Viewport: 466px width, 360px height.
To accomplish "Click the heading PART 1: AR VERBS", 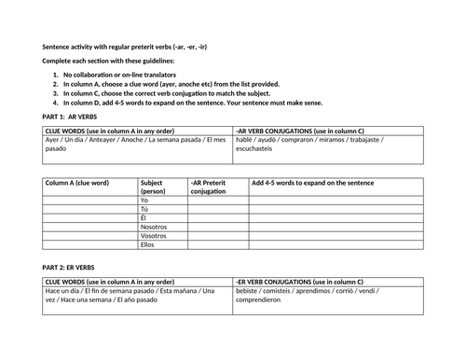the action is (x=74, y=115).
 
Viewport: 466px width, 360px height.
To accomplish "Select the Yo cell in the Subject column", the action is (x=144, y=201).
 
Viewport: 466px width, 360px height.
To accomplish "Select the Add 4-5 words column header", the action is (x=310, y=183).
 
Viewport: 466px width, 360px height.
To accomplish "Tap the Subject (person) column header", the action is (x=160, y=187).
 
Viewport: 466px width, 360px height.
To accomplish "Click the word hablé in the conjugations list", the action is (x=246, y=140).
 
